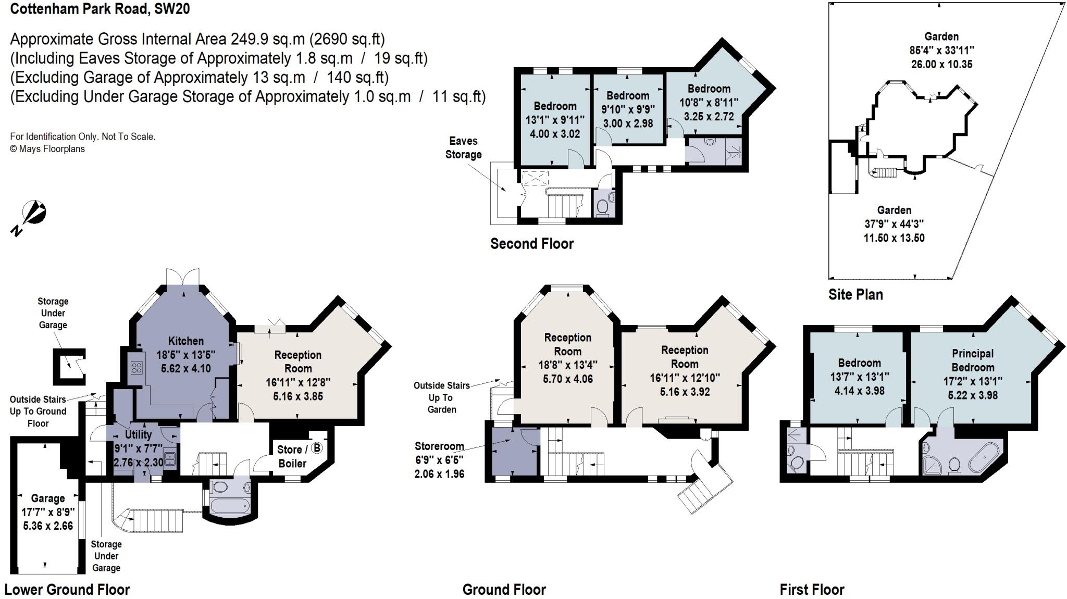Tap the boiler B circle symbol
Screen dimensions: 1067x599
[317, 448]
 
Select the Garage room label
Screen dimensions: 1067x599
[48, 498]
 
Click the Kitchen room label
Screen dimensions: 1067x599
[186, 341]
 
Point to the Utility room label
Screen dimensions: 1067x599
[139, 434]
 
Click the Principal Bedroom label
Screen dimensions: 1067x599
[973, 360]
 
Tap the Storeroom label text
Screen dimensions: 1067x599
[439, 446]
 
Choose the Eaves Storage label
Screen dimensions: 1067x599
[463, 148]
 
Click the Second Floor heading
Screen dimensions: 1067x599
[532, 244]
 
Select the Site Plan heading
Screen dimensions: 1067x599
[855, 295]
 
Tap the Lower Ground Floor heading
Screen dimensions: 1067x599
[67, 590]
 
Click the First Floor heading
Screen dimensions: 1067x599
[812, 590]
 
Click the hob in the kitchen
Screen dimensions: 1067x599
[137, 368]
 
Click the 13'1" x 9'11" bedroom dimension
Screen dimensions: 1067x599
[555, 120]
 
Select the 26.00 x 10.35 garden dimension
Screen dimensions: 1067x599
[941, 65]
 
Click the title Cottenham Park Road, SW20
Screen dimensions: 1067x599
[100, 9]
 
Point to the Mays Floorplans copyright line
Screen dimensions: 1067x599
[47, 149]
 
